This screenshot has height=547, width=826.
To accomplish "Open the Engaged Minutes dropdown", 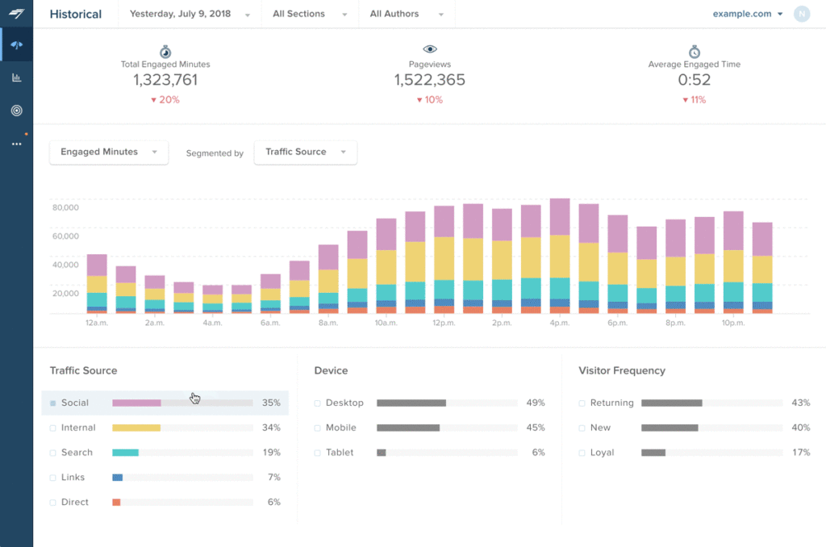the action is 109,152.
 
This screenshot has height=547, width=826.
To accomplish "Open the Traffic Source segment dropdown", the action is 306,152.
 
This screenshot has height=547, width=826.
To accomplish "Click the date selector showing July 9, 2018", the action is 190,15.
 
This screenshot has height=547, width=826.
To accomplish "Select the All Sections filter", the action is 310,15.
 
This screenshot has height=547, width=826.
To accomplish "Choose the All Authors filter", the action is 407,15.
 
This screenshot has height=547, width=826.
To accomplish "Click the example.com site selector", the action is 748,15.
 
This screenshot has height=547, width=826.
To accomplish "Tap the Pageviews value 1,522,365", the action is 430,80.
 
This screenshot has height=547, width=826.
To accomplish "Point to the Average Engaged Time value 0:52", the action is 695,80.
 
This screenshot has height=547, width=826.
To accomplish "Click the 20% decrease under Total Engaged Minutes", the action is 165,99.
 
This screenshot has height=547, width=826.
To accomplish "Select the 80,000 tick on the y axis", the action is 66,207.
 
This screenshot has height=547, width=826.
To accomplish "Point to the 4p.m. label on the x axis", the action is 560,323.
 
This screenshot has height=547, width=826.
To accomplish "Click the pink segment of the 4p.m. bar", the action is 560,216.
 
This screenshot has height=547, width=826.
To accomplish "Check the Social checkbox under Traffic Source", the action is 52,403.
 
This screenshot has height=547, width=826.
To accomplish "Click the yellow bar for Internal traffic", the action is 136,428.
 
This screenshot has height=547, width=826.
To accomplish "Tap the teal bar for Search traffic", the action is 125,453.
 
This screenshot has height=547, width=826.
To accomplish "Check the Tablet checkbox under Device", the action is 317,453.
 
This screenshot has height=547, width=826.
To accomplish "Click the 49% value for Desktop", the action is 536,403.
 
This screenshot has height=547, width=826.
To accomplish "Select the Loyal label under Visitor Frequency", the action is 602,453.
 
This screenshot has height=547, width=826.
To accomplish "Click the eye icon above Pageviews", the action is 430,49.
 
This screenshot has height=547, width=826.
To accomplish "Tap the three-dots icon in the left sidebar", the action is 17,144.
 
